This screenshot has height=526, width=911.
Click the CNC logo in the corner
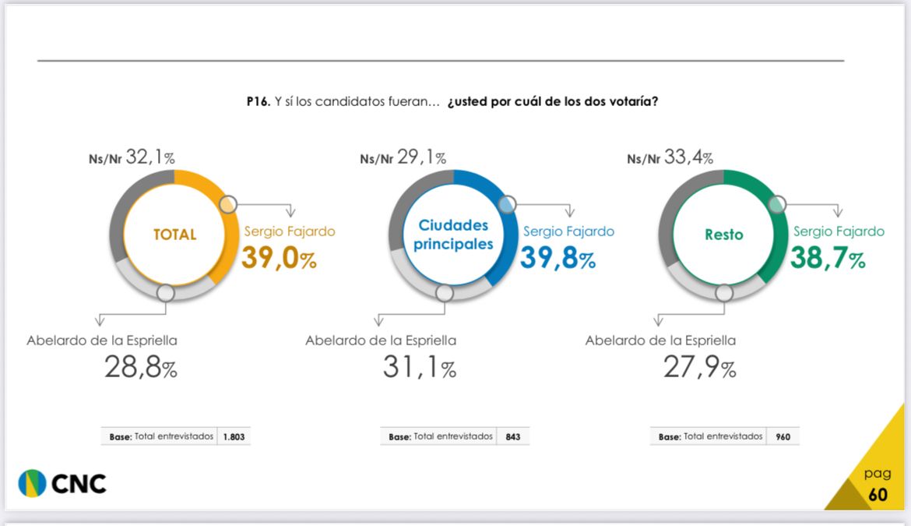62,483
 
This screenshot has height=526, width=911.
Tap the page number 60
878,495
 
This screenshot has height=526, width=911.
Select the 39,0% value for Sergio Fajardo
279,258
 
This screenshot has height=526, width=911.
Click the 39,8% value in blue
558,258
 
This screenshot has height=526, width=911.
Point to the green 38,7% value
827,258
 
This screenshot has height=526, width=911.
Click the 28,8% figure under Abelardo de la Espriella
141,367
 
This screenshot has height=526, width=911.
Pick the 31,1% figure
419,367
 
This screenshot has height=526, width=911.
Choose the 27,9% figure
699,367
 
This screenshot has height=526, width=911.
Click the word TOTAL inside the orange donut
174,234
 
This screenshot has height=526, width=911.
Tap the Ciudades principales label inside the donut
453,234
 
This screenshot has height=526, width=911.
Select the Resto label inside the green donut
723,234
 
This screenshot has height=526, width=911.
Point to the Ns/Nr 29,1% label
403,158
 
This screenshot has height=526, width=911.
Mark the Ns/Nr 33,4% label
670,158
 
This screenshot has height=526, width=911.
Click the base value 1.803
233,437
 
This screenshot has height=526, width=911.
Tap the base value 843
512,437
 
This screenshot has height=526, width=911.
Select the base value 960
783,437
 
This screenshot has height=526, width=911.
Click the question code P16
257,102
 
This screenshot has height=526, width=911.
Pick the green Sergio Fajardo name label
839,231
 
